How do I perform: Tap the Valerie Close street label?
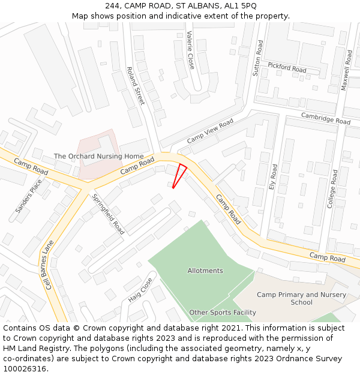(190, 50)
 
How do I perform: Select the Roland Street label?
(136, 85)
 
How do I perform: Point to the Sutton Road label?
(258, 58)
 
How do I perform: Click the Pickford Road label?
(287, 67)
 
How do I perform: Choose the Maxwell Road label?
(346, 70)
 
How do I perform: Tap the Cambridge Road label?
(325, 118)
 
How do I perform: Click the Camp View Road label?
(210, 131)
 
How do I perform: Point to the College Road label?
(333, 188)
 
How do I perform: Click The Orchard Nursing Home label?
(98, 157)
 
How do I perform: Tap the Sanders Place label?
(29, 196)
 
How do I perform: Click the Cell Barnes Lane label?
(47, 265)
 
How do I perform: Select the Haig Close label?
(140, 290)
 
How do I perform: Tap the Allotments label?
(205, 271)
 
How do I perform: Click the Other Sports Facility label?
(223, 313)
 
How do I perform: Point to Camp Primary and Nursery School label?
(301, 298)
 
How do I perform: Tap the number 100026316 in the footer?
(25, 369)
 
